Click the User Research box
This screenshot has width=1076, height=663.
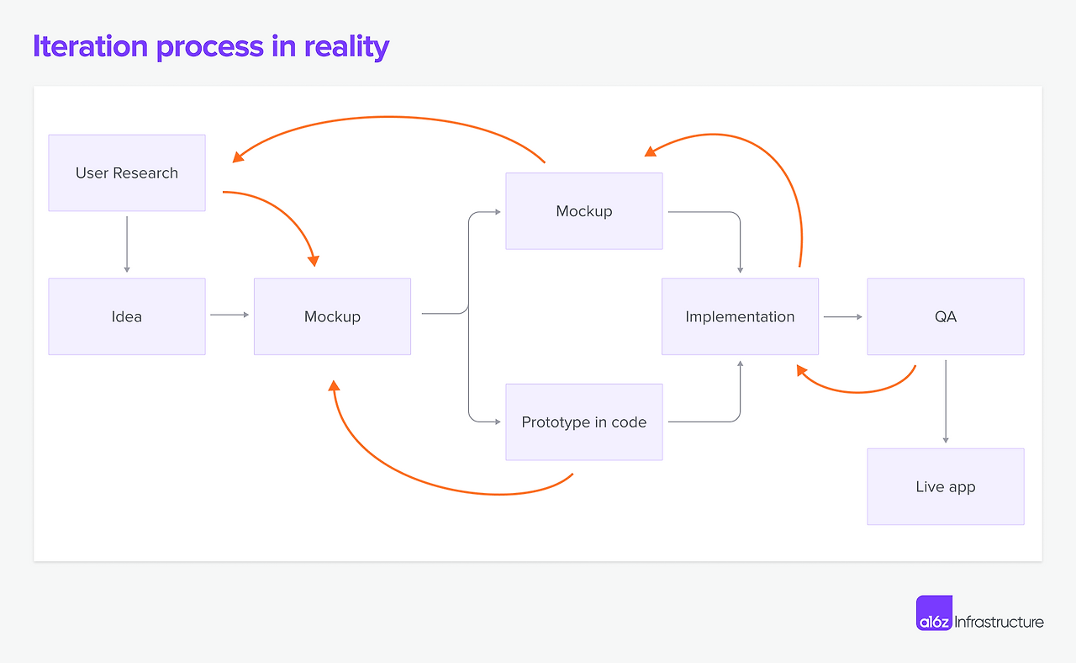[127, 172]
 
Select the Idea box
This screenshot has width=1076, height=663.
[127, 316]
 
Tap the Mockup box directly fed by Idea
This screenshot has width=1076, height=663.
[332, 316]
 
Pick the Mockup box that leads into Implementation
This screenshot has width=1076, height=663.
[583, 211]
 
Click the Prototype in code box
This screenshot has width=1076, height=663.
[583, 422]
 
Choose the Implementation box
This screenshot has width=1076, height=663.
[740, 316]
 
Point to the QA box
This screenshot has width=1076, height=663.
[946, 316]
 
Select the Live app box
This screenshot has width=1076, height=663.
[946, 486]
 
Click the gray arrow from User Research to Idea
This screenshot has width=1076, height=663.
[127, 244]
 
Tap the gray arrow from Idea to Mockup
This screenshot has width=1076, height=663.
[229, 315]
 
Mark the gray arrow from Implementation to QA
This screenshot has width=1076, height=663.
[842, 316]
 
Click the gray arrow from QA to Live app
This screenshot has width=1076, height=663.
[946, 401]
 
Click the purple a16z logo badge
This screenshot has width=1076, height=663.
[934, 613]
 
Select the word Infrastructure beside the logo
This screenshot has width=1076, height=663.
[1000, 622]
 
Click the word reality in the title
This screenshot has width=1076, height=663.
[346, 46]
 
